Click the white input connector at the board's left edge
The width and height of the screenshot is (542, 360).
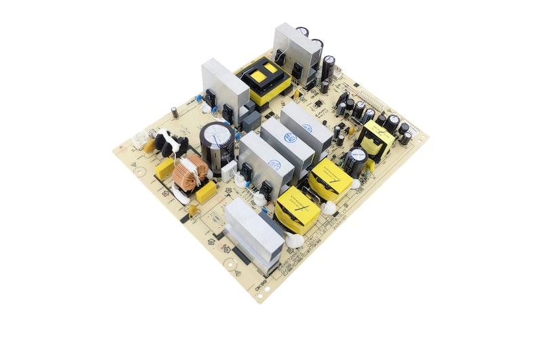click(140, 141)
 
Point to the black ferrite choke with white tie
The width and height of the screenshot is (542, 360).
click(169, 143)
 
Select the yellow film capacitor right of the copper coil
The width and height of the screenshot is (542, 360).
click(206, 192)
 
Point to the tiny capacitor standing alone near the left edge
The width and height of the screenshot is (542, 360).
click(175, 111)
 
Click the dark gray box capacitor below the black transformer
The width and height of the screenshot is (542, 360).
click(251, 121)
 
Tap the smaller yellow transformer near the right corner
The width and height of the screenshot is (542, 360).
click(377, 140)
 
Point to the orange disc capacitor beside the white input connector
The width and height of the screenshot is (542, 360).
click(150, 147)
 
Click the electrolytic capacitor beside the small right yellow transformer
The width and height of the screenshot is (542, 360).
click(355, 161)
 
